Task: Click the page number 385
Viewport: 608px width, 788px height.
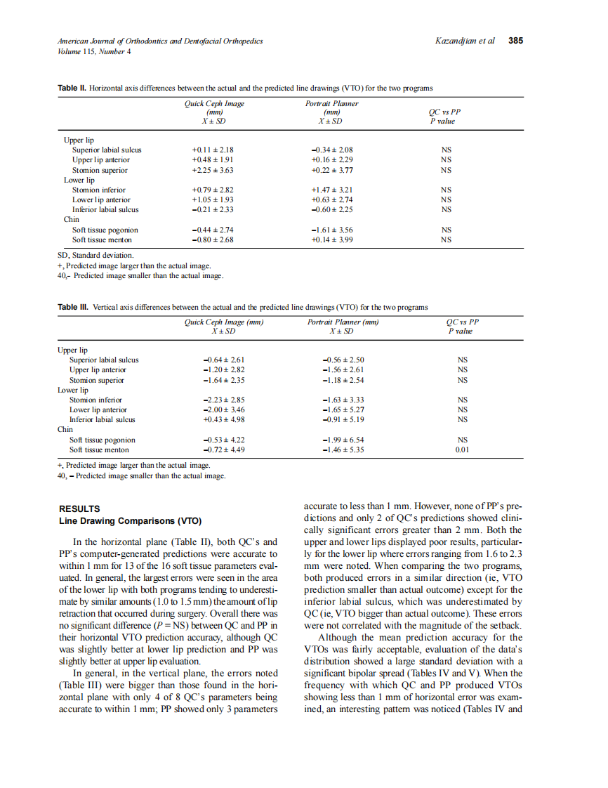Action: coord(515,41)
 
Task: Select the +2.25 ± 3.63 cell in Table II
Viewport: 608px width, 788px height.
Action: coord(213,170)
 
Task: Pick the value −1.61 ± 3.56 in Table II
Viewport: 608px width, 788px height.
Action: coord(331,230)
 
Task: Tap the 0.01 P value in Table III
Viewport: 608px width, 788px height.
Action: coord(461,449)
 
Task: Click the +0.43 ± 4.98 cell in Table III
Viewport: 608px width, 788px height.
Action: coord(223,420)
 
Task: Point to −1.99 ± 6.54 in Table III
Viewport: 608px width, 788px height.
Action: coord(343,440)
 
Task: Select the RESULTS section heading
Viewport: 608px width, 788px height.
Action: coord(79,508)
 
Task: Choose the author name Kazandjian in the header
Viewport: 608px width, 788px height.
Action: coord(456,41)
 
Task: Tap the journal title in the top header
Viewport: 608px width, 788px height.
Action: coord(160,41)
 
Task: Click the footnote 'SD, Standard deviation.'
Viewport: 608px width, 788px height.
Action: coord(95,256)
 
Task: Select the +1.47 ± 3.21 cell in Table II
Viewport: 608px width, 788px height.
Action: coord(331,190)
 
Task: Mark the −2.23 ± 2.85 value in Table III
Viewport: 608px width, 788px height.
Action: coord(223,400)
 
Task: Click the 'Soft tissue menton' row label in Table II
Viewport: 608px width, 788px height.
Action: coord(105,239)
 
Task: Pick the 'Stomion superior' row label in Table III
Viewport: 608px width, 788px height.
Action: coord(97,380)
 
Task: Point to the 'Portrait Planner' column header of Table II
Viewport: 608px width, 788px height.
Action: coord(331,103)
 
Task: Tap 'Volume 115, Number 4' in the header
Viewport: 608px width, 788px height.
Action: coord(95,51)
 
